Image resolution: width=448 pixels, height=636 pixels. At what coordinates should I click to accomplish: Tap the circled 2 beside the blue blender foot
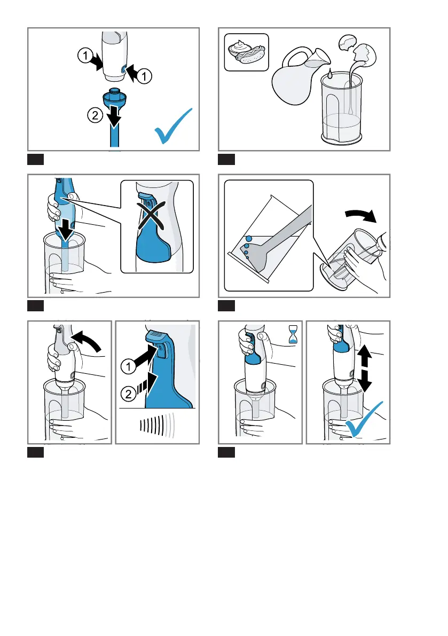95,115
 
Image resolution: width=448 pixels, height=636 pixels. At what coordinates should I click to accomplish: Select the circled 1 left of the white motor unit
85,55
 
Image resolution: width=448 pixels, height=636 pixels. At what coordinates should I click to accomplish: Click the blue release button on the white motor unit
123,70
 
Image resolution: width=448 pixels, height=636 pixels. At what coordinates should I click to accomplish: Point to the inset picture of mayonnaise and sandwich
247,52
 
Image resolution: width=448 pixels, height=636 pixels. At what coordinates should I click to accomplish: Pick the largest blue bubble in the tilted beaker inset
248,239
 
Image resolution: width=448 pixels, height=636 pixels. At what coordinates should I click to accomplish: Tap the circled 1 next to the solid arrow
129,367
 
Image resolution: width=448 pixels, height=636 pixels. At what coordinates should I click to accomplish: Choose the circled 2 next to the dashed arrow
129,394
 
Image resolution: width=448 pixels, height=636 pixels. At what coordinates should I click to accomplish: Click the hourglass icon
293,334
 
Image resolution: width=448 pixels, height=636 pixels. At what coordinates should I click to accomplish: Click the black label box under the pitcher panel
226,160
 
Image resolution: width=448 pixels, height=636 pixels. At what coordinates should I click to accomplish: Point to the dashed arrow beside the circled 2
147,385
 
